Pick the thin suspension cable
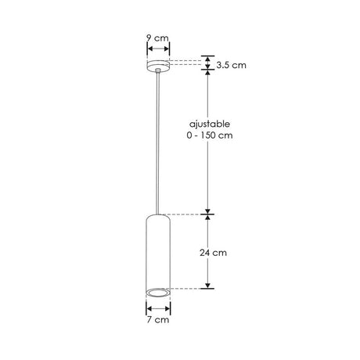click(159, 141)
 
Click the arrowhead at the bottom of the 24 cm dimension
click(207, 284)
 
